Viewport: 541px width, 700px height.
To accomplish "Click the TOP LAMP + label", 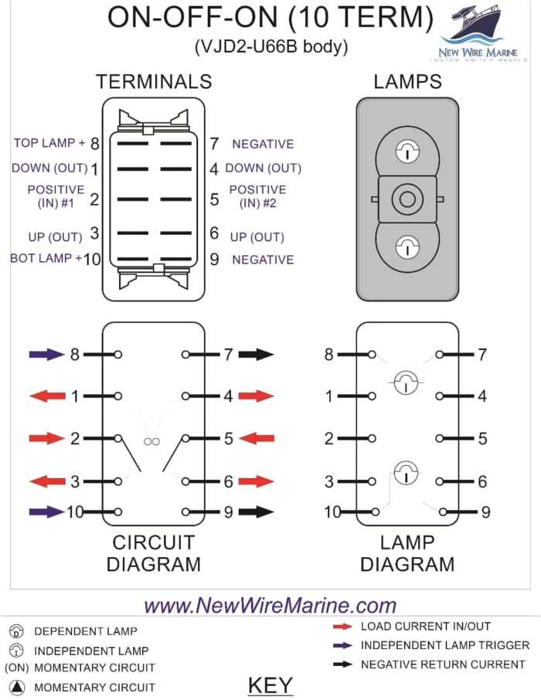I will [x=49, y=144].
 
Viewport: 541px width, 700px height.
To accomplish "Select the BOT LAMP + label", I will [x=46, y=259].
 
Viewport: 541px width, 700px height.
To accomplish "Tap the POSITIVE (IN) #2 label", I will [x=257, y=196].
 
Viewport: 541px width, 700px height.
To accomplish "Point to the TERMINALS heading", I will [x=153, y=82].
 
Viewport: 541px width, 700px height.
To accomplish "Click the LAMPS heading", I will [x=407, y=82].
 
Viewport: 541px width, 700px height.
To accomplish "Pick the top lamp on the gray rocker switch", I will [x=406, y=152].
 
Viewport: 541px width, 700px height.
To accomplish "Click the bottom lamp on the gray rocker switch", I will [x=406, y=247].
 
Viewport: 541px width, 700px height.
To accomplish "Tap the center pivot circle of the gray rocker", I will [x=406, y=199].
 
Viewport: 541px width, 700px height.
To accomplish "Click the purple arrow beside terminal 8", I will [x=46, y=355].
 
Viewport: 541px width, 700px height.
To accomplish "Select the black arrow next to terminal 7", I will [x=256, y=355].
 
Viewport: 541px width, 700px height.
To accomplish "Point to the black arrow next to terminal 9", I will [x=256, y=511].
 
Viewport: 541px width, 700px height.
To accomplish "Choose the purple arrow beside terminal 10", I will [x=46, y=511].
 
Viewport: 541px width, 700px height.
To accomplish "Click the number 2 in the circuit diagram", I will [x=75, y=439].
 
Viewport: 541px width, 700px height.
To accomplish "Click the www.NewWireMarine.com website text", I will [x=270, y=605].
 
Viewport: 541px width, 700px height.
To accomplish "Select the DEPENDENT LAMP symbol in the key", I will [x=17, y=631].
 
